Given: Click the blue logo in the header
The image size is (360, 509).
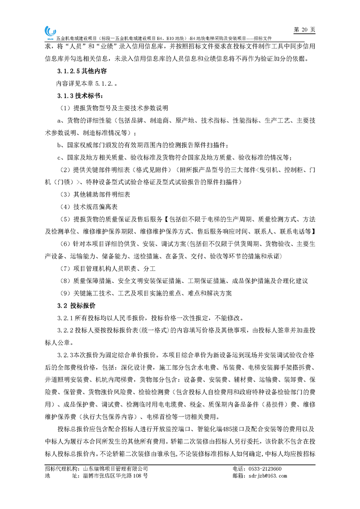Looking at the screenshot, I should click(x=49, y=31).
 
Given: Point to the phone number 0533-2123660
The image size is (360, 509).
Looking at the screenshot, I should click(x=263, y=469).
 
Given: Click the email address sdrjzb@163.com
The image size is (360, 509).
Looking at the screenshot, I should click(x=266, y=476).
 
